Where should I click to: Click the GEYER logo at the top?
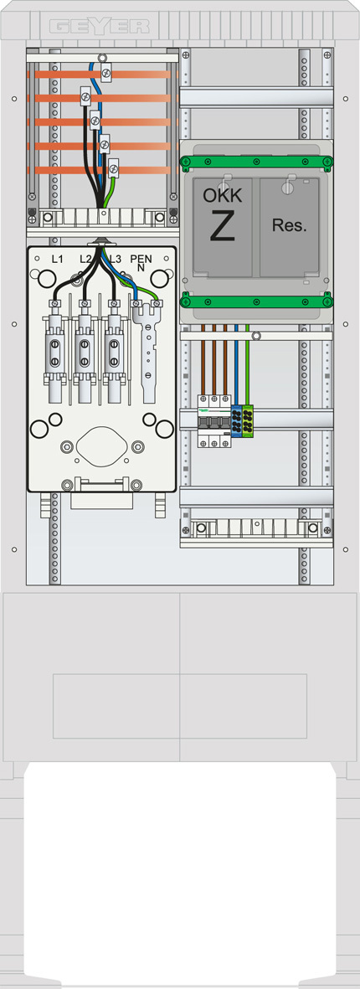(99, 27)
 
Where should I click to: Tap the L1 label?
(57, 259)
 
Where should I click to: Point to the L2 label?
(86, 259)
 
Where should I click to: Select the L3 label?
(115, 259)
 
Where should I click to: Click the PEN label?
(141, 258)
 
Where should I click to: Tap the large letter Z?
(223, 226)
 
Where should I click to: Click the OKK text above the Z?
(222, 195)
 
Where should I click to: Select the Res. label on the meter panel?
(290, 226)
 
